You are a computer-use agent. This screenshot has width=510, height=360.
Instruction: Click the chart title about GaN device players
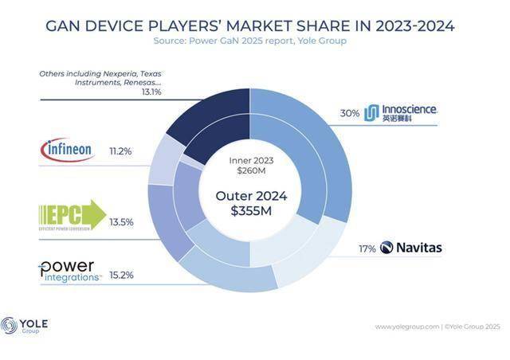click(249, 26)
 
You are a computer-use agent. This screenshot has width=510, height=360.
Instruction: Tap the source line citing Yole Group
click(249, 41)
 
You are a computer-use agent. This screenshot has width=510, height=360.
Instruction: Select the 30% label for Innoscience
click(349, 113)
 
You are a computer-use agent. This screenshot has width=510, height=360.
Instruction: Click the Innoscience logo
click(400, 113)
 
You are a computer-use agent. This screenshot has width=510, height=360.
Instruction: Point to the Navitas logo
click(411, 248)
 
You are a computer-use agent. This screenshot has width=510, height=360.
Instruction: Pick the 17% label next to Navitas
click(367, 248)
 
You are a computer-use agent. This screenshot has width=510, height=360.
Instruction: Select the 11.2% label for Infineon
click(121, 151)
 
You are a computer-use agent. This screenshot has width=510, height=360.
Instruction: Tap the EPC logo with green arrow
click(72, 214)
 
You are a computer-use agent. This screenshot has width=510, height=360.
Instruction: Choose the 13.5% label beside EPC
click(121, 222)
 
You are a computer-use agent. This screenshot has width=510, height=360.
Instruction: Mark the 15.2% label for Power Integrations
click(121, 275)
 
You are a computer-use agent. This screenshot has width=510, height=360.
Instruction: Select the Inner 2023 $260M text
click(250, 165)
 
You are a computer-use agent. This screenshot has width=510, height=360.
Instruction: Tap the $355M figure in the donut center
click(250, 211)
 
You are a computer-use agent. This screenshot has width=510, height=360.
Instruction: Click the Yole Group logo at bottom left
click(25, 326)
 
